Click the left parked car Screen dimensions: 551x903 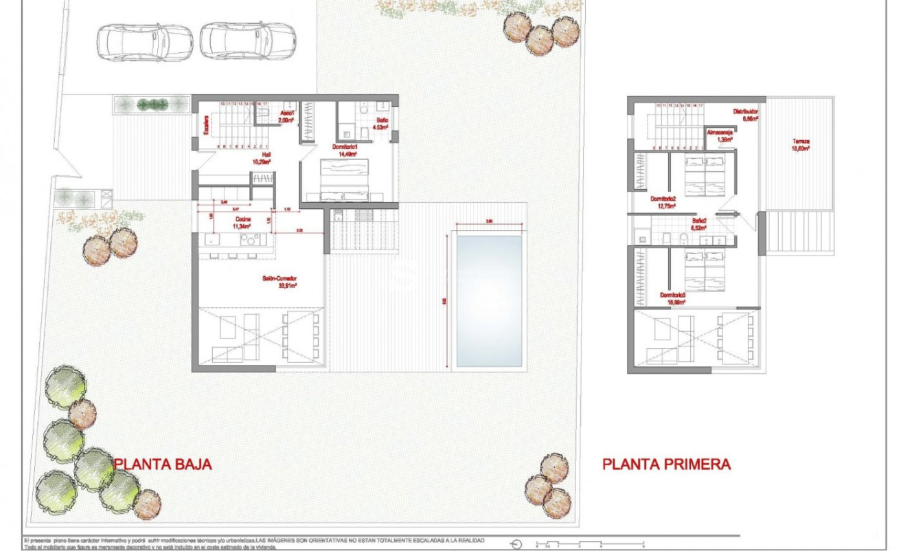(144, 43)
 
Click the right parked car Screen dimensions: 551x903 (248, 43)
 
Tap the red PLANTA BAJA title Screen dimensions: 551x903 (163, 464)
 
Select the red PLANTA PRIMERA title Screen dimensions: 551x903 (666, 464)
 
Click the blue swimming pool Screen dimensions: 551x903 (489, 301)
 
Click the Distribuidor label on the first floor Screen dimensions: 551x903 (745, 114)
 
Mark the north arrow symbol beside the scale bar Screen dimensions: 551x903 (516, 544)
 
